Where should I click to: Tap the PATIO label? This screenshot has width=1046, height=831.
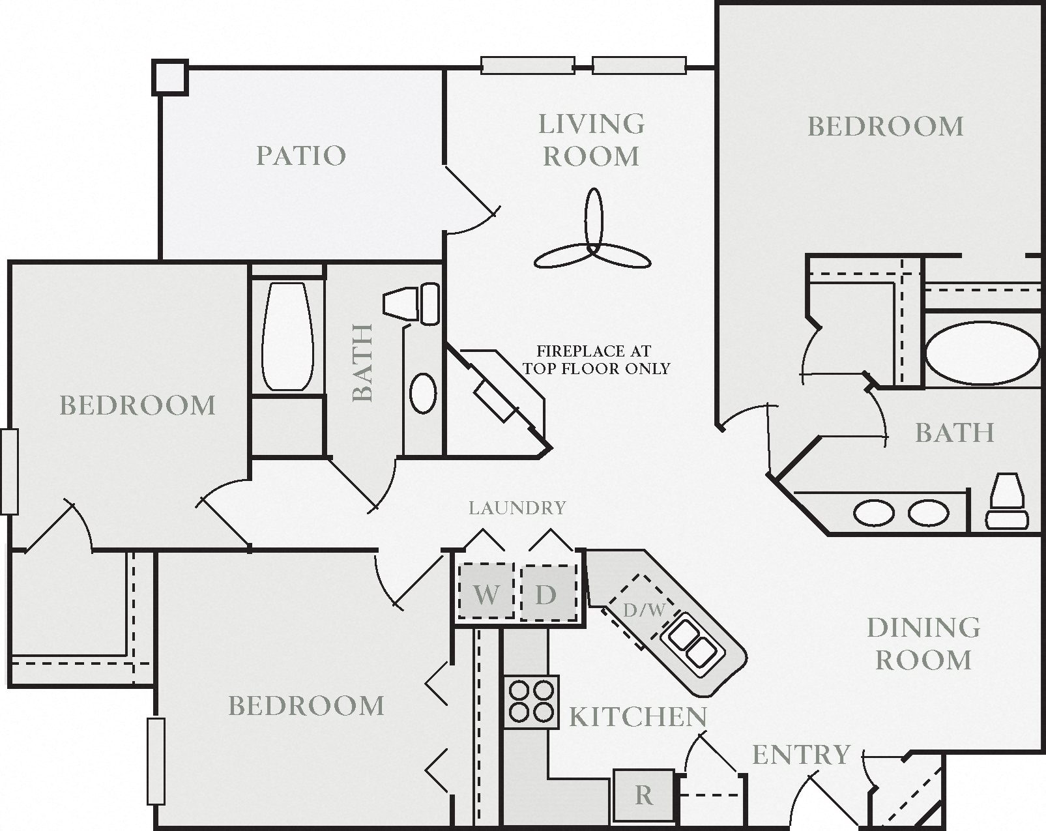(300, 156)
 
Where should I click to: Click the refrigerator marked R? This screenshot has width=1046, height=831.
(643, 795)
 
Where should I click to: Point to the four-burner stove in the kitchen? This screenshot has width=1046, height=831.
(531, 702)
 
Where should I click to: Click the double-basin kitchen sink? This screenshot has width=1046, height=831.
(691, 643)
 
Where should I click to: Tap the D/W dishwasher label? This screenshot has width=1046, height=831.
(644, 611)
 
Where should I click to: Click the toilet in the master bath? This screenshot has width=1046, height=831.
(1007, 501)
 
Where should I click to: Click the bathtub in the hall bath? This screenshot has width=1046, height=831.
(286, 336)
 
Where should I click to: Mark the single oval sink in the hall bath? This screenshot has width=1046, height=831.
(423, 392)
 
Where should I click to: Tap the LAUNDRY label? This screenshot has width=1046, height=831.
(517, 508)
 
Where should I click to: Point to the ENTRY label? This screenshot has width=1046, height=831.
(801, 755)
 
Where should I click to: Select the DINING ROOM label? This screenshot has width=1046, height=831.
(923, 643)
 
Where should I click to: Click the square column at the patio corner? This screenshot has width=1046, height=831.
(170, 78)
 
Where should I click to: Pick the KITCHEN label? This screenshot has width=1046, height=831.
(637, 717)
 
